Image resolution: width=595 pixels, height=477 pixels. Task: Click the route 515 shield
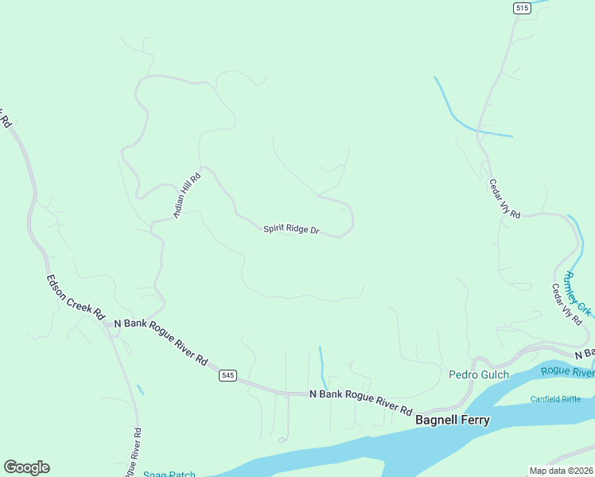[x=522, y=8]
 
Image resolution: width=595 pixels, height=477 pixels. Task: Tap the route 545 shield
[x=228, y=375]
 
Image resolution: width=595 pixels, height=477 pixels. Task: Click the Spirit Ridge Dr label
[x=291, y=230]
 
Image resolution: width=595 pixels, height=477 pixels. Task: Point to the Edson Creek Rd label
[x=76, y=297]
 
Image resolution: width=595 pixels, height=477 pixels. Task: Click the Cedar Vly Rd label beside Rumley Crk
[x=567, y=303]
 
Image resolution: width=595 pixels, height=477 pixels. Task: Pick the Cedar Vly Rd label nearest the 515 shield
[x=504, y=199]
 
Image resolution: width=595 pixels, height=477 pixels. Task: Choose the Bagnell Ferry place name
[x=453, y=421]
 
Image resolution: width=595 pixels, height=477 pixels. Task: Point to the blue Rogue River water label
[x=567, y=371]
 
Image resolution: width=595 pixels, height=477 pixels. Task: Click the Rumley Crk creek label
[x=578, y=293]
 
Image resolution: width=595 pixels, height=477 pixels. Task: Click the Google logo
[x=26, y=467]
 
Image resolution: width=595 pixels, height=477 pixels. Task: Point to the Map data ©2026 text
[x=561, y=471]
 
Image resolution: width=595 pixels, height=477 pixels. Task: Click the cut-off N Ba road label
[x=585, y=353]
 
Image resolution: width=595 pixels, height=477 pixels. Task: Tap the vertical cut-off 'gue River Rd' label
[x=133, y=452]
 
